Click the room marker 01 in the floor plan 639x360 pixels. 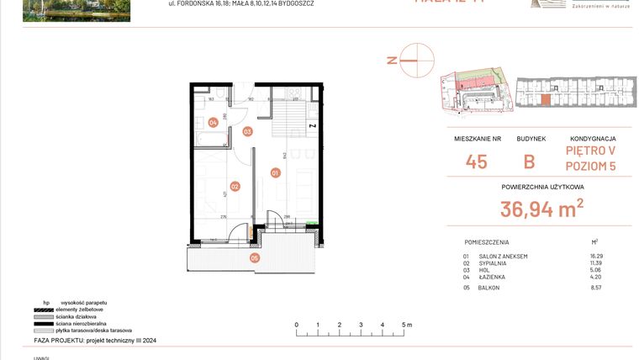[x=275, y=173]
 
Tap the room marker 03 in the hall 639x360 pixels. [x=248, y=131]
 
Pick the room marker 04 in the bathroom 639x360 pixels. [x=214, y=123]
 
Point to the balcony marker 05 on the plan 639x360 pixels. [x=255, y=258]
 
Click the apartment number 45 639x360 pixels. [x=476, y=162]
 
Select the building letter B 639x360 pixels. [x=529, y=162]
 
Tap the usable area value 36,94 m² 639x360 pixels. [x=542, y=209]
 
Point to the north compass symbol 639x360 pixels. [x=415, y=60]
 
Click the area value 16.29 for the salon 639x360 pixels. [x=595, y=256]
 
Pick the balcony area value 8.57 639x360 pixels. [x=595, y=288]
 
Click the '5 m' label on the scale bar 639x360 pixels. [x=406, y=324]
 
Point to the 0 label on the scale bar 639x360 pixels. [x=296, y=324]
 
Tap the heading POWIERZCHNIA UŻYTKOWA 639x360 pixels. [x=542, y=188]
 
